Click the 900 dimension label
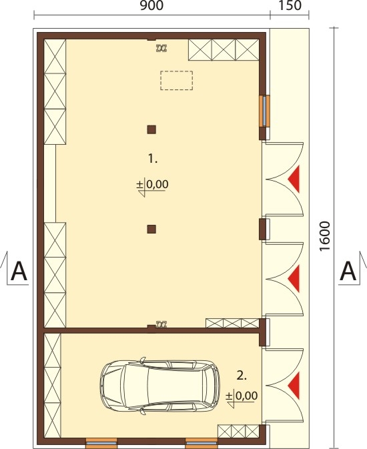click(151, 5)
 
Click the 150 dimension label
click(290, 5)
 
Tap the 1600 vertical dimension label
click(325, 237)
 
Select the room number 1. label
click(153, 158)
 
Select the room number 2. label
click(242, 375)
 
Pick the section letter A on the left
click(19, 271)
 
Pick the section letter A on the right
click(348, 271)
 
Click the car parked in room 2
click(160, 385)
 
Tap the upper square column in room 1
click(151, 129)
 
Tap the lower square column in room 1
click(151, 229)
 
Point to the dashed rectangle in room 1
click(176, 81)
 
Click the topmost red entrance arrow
click(294, 179)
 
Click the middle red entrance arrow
click(294, 279)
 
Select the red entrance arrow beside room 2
click(294, 386)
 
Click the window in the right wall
click(264, 111)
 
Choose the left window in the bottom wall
click(101, 443)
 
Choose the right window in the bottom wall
click(201, 443)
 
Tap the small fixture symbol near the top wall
click(161, 49)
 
